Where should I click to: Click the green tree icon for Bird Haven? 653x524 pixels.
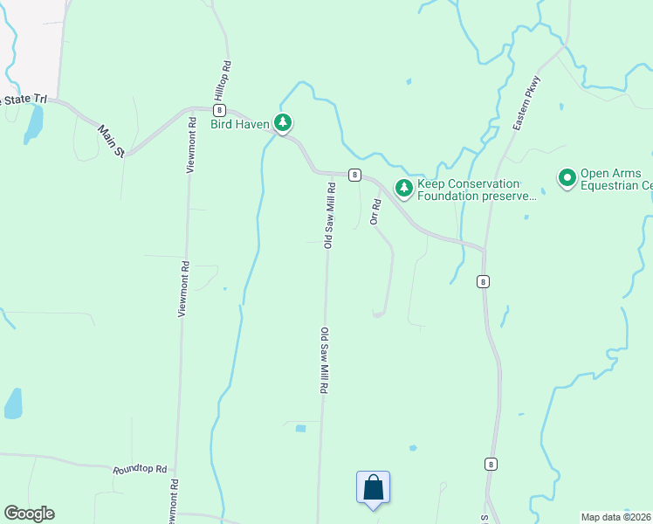(283, 124)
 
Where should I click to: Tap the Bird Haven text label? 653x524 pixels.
(240, 124)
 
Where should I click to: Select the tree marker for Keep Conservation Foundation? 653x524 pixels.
(403, 188)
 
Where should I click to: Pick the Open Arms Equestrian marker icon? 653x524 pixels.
(567, 179)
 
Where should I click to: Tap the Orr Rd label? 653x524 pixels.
(375, 212)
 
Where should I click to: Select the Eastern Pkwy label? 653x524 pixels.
(527, 105)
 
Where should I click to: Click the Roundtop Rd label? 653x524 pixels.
(140, 469)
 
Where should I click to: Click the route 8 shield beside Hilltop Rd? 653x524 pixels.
(218, 110)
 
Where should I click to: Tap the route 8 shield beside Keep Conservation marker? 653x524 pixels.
(354, 175)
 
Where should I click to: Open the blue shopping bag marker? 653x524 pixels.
(373, 487)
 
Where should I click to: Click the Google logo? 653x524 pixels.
(29, 514)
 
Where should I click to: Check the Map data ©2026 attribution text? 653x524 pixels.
(616, 517)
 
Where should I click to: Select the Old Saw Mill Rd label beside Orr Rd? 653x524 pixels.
(329, 215)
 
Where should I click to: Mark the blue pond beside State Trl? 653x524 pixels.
(34, 124)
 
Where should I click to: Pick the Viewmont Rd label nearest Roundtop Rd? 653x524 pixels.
(175, 499)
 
